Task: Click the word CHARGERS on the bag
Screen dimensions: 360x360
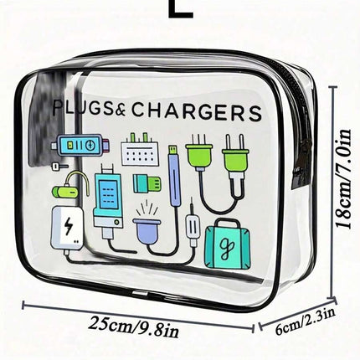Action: [197, 111]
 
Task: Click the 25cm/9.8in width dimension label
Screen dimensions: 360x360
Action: [133, 327]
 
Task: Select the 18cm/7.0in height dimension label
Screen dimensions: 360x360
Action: [343, 179]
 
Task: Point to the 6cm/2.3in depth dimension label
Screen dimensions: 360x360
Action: [305, 321]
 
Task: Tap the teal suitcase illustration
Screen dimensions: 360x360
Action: [228, 244]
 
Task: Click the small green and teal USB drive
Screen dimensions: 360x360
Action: [147, 183]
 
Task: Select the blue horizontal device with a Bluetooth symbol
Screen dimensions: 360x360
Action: [80, 145]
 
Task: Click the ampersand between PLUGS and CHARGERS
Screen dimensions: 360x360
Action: [122, 111]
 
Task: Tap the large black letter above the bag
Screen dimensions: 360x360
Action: [181, 9]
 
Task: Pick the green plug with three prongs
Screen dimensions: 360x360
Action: [199, 152]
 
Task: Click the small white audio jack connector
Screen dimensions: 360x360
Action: [193, 227]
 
